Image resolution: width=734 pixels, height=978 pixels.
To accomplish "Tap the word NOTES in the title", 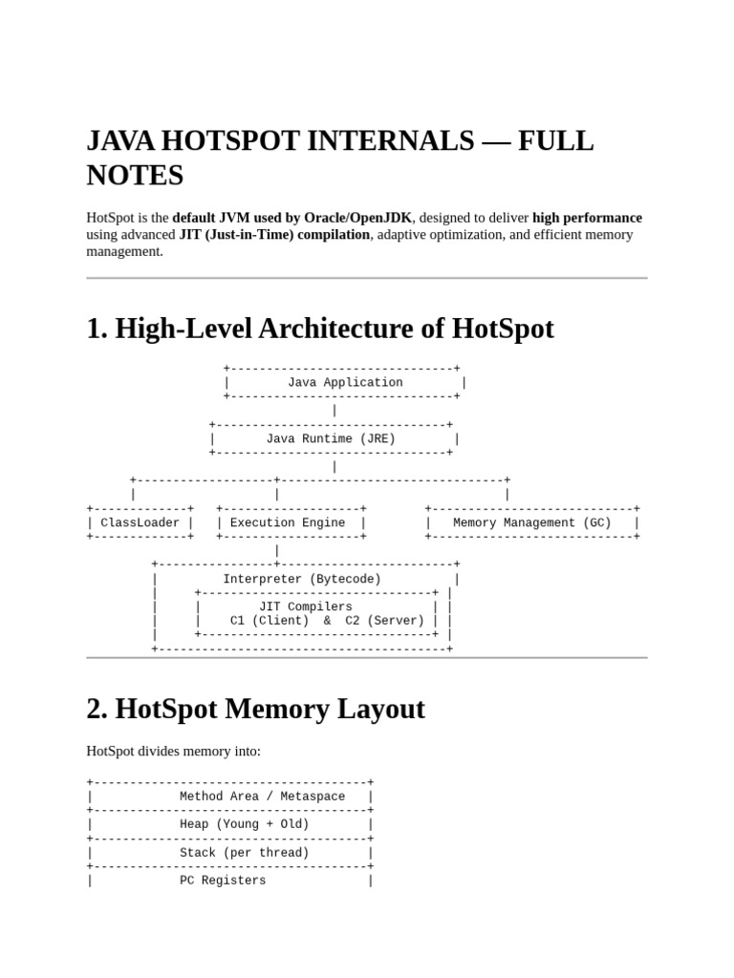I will pyautogui.click(x=135, y=176).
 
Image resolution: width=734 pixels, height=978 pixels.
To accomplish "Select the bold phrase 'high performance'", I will pyautogui.click(x=587, y=218).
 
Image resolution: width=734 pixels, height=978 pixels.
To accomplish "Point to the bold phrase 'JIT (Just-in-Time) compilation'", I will pyautogui.click(x=274, y=234).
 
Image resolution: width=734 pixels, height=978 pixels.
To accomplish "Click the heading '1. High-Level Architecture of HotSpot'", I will pyautogui.click(x=320, y=329).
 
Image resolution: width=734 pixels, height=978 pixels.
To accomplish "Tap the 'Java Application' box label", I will pyautogui.click(x=345, y=383).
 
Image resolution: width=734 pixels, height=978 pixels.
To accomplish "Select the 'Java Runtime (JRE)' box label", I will pyautogui.click(x=331, y=439).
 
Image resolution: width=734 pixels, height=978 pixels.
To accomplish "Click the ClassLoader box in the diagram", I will pyautogui.click(x=140, y=523).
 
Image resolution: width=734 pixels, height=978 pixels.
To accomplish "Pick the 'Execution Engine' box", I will pyautogui.click(x=288, y=523).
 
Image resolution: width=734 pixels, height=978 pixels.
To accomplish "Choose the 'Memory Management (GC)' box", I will pyautogui.click(x=531, y=523).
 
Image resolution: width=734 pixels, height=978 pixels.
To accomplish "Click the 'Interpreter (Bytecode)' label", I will pyautogui.click(x=302, y=580).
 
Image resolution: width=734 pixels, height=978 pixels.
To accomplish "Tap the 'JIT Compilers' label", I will pyautogui.click(x=306, y=607).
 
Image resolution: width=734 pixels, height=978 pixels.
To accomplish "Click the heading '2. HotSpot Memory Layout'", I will pyautogui.click(x=255, y=710).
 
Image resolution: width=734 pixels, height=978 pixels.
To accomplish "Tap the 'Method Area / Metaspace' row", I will pyautogui.click(x=262, y=797).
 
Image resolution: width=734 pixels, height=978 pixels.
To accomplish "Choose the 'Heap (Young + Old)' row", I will pyautogui.click(x=245, y=824).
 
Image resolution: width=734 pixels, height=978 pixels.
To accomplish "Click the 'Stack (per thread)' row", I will pyautogui.click(x=245, y=853).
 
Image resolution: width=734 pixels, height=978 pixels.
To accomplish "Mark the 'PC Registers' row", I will pyautogui.click(x=223, y=881).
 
